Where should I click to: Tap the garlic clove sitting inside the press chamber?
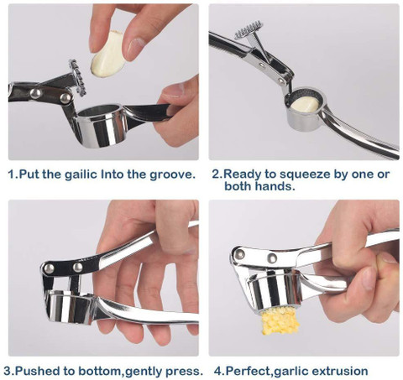pos(305,105)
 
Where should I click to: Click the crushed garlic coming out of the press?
pos(280,320)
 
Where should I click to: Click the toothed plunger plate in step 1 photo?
pos(77,77)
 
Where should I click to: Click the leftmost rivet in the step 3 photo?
pos(50,268)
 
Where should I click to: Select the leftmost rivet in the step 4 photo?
pos(239,254)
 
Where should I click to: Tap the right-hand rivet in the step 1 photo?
pos(65,98)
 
